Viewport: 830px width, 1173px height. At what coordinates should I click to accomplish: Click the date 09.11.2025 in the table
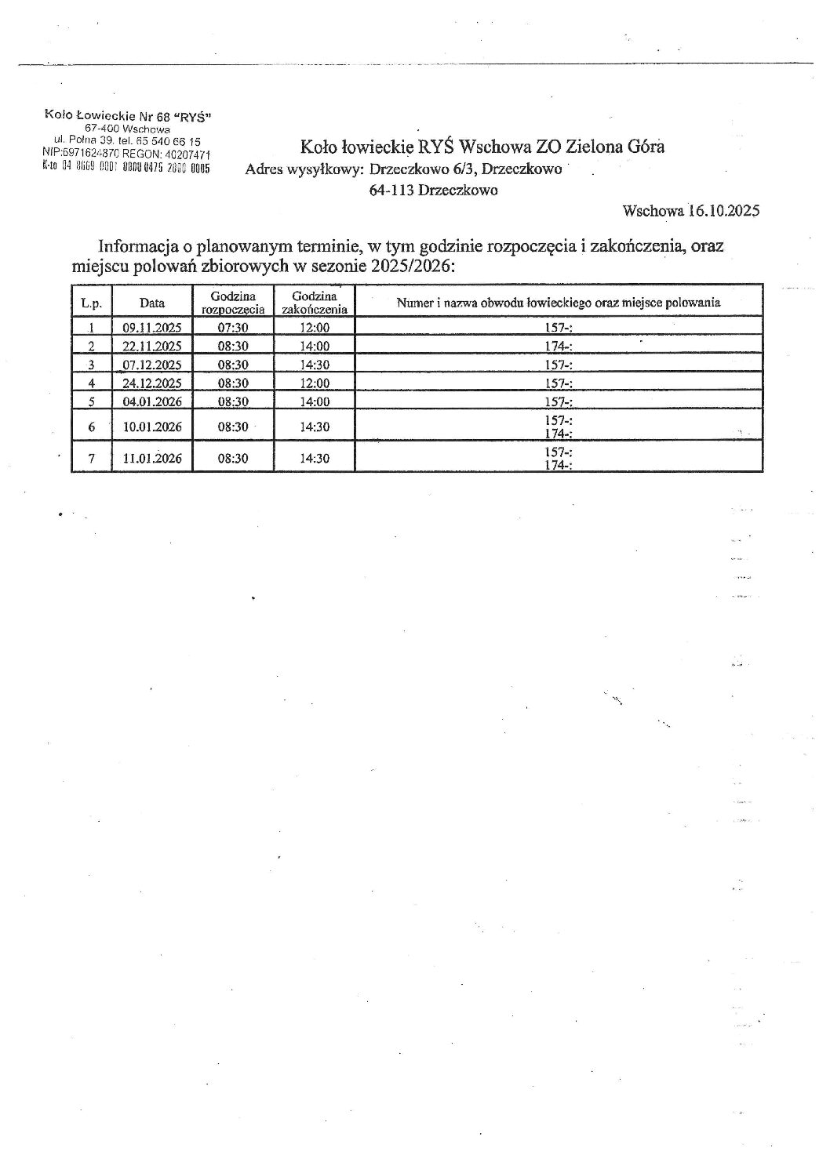point(152,329)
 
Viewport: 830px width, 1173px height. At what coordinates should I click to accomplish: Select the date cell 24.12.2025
point(152,383)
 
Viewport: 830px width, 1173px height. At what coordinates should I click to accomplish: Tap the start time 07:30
point(233,329)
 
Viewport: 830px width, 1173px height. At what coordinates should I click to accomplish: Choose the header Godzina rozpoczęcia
point(233,302)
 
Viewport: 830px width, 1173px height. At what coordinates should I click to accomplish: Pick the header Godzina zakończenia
point(314,302)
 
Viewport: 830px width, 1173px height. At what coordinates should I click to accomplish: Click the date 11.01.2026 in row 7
point(152,459)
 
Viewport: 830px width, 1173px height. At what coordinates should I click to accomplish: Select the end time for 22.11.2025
point(315,347)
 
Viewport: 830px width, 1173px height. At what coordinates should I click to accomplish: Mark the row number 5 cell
point(92,402)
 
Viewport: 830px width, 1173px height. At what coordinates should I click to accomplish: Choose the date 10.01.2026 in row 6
point(152,427)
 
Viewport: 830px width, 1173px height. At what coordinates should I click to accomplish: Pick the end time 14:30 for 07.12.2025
point(315,365)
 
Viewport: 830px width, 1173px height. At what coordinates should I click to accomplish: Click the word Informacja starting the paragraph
point(140,246)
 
